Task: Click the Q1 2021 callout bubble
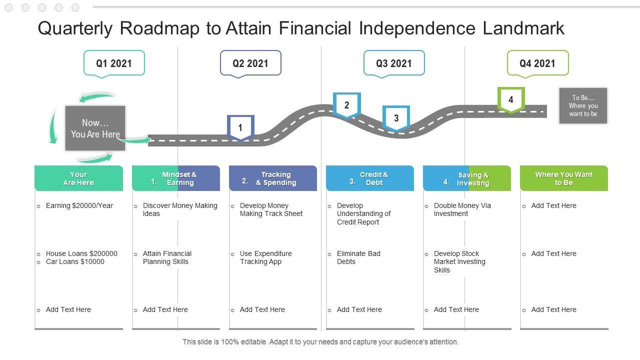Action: [114, 63]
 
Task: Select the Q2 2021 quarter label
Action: [250, 63]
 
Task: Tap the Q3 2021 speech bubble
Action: [394, 63]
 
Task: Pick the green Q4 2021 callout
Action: [537, 63]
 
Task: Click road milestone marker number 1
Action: [240, 127]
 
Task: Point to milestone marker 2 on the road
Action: [347, 105]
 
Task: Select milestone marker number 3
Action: [396, 118]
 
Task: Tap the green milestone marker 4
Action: [510, 99]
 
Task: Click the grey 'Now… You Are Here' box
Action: [95, 128]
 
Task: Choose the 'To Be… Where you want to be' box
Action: [583, 106]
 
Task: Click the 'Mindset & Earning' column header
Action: [176, 178]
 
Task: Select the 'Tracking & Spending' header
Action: [273, 178]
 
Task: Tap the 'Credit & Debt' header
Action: [370, 178]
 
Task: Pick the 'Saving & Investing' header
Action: [467, 178]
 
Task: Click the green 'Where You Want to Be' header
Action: [564, 178]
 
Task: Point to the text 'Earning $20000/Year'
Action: [79, 205]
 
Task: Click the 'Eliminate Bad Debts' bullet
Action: [358, 257]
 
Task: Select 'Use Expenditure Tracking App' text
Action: [265, 257]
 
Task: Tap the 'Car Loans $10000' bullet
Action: [75, 261]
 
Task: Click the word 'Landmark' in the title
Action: [523, 28]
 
